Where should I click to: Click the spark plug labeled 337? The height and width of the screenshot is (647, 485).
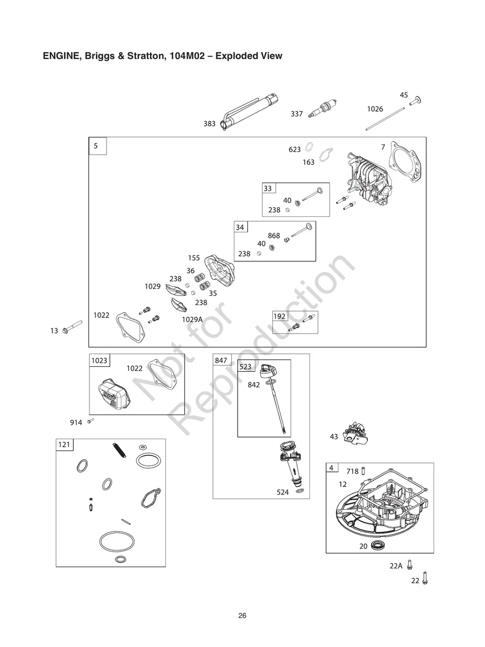tap(322, 109)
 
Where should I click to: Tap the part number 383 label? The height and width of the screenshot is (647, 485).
tap(209, 124)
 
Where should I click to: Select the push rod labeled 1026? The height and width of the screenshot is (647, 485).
tap(385, 119)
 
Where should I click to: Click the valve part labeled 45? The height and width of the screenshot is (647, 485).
tap(416, 101)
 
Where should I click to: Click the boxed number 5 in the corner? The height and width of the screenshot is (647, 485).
tap(96, 146)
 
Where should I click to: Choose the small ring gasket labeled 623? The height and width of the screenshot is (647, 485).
tap(309, 147)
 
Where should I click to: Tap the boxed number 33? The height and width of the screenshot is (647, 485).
tap(268, 189)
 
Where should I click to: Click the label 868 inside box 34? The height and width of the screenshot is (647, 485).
tap(274, 236)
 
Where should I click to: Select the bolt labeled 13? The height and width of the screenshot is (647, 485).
tap(72, 327)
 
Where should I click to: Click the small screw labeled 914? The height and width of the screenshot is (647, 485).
tap(90, 421)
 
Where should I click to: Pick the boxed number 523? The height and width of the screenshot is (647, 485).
tap(245, 367)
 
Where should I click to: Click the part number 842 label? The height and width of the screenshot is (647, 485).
tap(254, 385)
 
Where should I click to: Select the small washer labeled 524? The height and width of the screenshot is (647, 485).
tap(300, 491)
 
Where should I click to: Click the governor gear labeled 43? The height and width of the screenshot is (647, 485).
tap(355, 433)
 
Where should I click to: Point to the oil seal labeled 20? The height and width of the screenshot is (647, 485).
tap(377, 545)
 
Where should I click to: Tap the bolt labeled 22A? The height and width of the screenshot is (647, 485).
tap(409, 565)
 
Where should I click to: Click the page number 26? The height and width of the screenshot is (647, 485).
tap(242, 615)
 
